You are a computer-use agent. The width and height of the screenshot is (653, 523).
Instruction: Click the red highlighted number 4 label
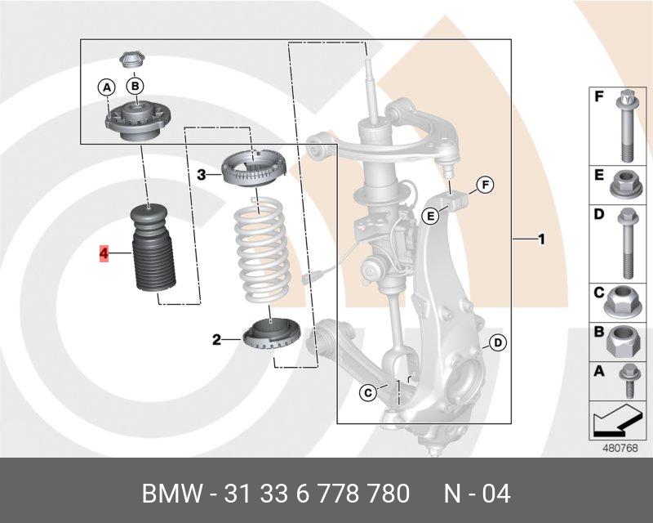[x=104, y=254]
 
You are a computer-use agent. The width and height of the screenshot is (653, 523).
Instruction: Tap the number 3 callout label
[x=202, y=174]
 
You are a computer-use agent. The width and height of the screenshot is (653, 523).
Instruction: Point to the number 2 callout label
[x=217, y=339]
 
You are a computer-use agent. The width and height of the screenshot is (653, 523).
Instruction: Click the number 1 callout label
[x=540, y=239]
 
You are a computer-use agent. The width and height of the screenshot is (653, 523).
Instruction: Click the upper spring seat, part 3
[x=254, y=169]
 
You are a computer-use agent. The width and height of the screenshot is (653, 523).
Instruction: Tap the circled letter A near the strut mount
[x=106, y=86]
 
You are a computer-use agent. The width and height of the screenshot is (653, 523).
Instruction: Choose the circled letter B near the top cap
[x=135, y=85]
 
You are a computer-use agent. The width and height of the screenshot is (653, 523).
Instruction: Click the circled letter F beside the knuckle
[x=484, y=186]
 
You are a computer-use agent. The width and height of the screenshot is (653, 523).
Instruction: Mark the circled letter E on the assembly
[x=430, y=216]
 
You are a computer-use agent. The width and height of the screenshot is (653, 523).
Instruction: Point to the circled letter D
[x=495, y=343]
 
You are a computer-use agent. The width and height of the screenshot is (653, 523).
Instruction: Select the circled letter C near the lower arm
[x=368, y=394]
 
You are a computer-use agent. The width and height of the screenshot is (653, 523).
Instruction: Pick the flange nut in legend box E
[x=623, y=185]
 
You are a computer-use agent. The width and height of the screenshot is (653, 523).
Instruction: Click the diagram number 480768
[x=620, y=447]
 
